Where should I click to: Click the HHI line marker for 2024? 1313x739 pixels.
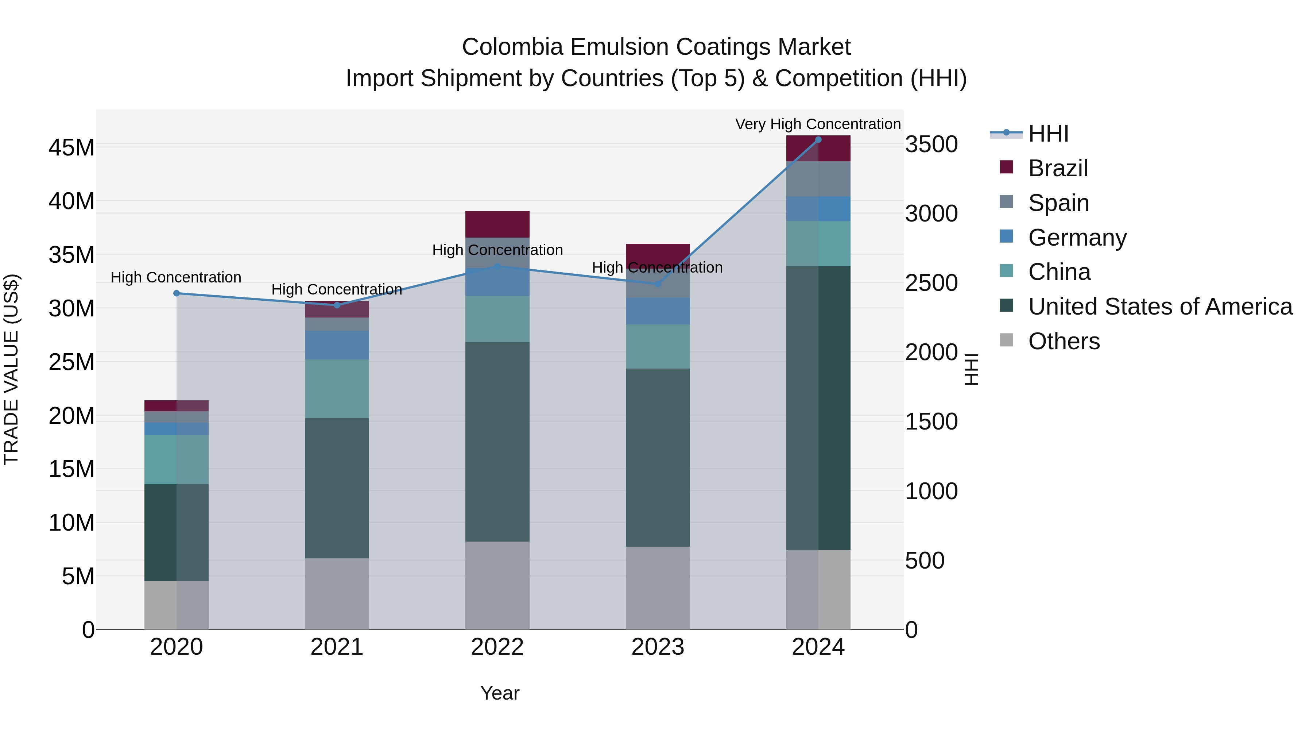tap(818, 139)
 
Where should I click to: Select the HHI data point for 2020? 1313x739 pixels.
tap(177, 293)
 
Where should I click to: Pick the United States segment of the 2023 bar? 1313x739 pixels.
tap(658, 458)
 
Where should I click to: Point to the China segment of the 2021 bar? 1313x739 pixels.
tap(337, 389)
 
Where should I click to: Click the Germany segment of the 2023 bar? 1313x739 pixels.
tap(658, 311)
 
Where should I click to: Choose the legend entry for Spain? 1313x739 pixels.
tap(1058, 203)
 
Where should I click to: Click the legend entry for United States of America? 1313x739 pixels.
tap(1159, 307)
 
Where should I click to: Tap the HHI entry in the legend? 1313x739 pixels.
tap(1048, 134)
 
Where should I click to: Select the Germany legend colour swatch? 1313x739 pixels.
tap(1006, 236)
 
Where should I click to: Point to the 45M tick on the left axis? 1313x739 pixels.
tap(71, 147)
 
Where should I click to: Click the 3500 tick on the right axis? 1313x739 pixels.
tap(931, 144)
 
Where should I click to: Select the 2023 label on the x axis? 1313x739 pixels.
tap(658, 647)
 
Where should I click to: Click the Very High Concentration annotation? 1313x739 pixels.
tap(818, 124)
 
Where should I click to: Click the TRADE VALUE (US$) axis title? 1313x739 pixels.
tap(11, 369)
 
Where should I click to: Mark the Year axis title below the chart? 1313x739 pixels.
tap(500, 693)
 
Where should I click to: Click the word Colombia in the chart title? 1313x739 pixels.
tap(512, 47)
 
